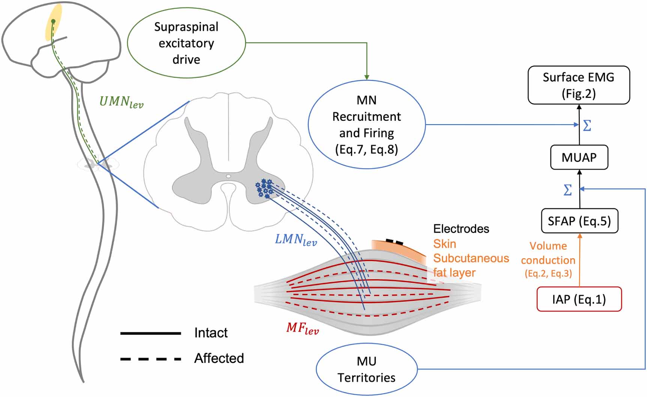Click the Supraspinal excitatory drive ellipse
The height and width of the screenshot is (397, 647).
pyautogui.click(x=186, y=43)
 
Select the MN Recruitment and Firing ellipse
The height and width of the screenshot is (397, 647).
pyautogui.click(x=366, y=125)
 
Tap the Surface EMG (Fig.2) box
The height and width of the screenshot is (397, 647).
pyautogui.click(x=578, y=85)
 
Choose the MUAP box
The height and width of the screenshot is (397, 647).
pyautogui.click(x=579, y=157)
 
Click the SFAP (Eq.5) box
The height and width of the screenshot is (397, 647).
pyautogui.click(x=579, y=221)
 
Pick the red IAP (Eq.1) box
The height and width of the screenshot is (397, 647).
pyautogui.click(x=579, y=299)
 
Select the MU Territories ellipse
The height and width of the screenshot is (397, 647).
pyautogui.click(x=366, y=369)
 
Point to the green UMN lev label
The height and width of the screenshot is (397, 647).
pyautogui.click(x=121, y=102)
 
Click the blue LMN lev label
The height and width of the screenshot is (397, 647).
pyautogui.click(x=296, y=239)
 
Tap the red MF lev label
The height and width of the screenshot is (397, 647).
pyautogui.click(x=302, y=328)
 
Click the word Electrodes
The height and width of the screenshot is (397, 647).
pyautogui.click(x=461, y=229)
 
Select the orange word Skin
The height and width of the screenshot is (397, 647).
pyautogui.click(x=444, y=244)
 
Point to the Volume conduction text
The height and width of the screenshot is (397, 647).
pyautogui.click(x=548, y=253)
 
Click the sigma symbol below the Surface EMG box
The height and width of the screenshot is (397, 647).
pyautogui.click(x=587, y=125)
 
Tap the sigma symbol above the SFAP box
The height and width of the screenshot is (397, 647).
pyautogui.click(x=568, y=190)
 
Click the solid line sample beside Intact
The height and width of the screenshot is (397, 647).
pyautogui.click(x=150, y=333)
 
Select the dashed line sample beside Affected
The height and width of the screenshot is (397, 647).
pyautogui.click(x=150, y=359)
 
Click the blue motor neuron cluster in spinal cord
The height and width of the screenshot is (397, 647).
pyautogui.click(x=264, y=188)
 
